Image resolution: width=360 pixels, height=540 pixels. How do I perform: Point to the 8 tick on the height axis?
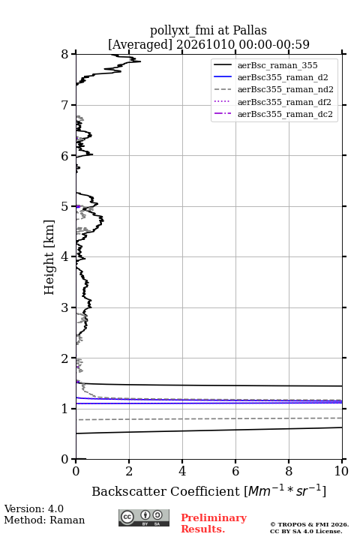[73, 54]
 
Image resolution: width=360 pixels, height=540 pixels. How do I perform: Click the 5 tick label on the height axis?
[64, 207]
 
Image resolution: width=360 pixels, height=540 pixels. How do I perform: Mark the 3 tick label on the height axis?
[64, 307]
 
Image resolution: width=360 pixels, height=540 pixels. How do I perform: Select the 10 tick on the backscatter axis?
[342, 461]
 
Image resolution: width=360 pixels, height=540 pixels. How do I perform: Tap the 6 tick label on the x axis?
[235, 471]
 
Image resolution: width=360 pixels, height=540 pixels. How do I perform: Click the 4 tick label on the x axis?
[182, 471]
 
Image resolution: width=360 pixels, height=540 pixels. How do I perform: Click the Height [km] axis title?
[49, 257]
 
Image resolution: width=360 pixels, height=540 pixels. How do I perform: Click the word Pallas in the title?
[250, 31]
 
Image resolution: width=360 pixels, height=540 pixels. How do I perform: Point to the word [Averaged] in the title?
[140, 45]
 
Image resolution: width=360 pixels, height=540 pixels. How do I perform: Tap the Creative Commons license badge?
[144, 518]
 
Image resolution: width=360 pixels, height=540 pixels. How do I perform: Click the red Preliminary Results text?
[214, 523]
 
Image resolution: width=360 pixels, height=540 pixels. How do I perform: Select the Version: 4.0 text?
[34, 509]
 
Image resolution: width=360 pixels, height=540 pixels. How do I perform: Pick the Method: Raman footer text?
[44, 520]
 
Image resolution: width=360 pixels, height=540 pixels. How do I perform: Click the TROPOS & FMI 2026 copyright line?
[309, 524]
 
